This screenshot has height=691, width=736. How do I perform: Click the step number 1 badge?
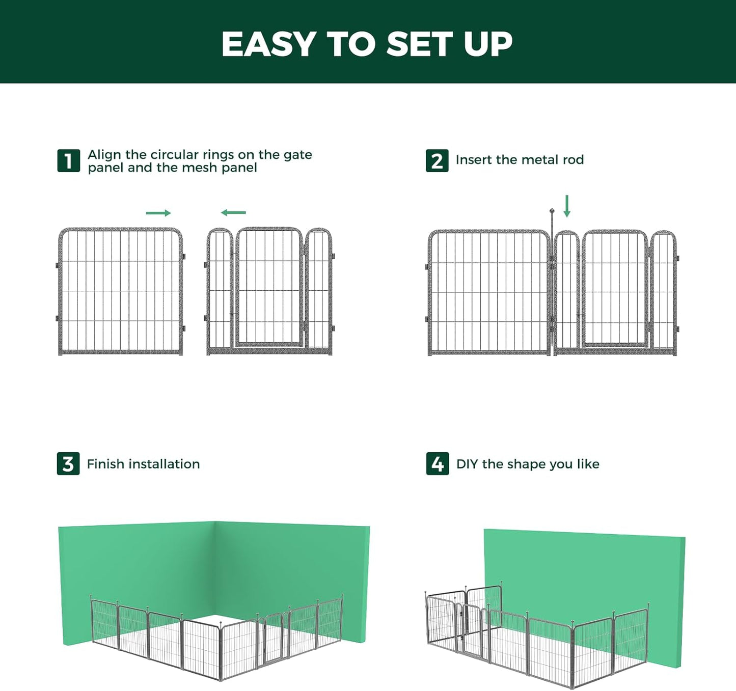(x=68, y=161)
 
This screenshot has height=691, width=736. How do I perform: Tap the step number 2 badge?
(x=437, y=161)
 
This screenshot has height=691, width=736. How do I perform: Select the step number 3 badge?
(x=68, y=464)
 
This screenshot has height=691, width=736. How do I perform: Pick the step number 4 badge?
(x=438, y=464)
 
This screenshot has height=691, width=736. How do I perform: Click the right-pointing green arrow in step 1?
(x=158, y=213)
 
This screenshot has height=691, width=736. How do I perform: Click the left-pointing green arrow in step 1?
(x=233, y=212)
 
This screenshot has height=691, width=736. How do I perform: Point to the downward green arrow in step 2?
(x=566, y=206)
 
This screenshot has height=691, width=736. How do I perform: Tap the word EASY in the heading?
(x=269, y=44)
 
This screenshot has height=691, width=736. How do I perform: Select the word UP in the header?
(x=487, y=44)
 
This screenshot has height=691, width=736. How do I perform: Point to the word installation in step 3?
(x=164, y=464)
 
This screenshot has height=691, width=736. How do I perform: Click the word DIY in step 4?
(x=467, y=464)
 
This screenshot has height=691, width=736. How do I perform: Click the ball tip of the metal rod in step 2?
(x=552, y=210)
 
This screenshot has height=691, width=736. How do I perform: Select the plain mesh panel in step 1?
(x=120, y=291)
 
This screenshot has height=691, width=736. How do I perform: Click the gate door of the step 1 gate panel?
(x=269, y=288)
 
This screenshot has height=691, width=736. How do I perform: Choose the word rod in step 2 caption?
(x=573, y=160)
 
